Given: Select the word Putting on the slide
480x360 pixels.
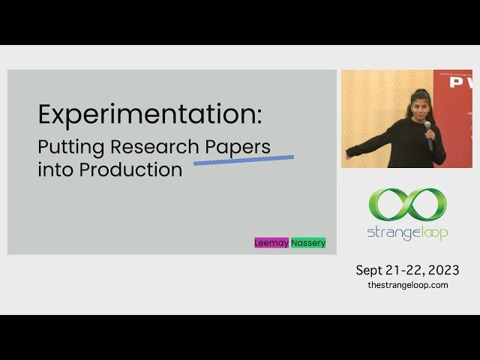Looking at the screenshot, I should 68,146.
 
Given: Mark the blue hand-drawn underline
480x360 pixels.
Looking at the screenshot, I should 244,159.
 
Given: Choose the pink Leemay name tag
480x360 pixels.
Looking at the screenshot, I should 271,243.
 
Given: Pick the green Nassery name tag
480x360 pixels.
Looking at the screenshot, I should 308,243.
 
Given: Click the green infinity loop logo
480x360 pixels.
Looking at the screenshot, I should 407,204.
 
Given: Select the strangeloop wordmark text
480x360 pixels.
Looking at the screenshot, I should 407,232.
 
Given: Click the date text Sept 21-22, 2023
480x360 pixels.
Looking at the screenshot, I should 407,270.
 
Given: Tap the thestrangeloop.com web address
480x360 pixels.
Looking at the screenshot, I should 407,285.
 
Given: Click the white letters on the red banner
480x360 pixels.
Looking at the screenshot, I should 461,83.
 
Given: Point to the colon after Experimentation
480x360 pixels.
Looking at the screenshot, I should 259,117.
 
